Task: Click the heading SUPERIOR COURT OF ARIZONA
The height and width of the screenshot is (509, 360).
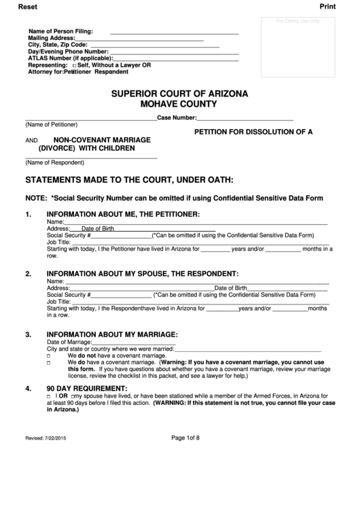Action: pyautogui.click(x=179, y=93)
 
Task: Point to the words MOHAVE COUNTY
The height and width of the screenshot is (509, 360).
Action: pyautogui.click(x=179, y=105)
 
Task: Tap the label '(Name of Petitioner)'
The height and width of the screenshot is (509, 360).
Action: pyautogui.click(x=52, y=125)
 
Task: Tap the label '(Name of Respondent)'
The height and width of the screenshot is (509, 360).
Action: pyautogui.click(x=54, y=162)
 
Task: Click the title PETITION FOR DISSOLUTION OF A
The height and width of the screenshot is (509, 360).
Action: pyautogui.click(x=253, y=131)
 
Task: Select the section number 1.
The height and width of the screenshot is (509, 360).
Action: pyautogui.click(x=29, y=215)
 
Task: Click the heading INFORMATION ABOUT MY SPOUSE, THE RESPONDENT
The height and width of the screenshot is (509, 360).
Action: pyautogui.click(x=142, y=274)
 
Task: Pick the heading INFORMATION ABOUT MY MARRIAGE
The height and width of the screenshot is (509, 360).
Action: pyautogui.click(x=111, y=334)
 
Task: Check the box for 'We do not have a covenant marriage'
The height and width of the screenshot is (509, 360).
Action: pyautogui.click(x=48, y=356)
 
